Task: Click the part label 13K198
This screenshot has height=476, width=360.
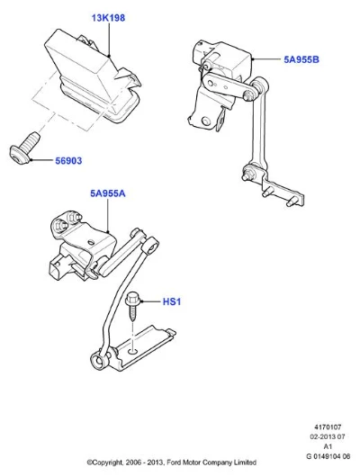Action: point(108,18)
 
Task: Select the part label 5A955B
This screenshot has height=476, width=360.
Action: point(301,59)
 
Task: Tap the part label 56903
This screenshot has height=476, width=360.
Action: point(68,160)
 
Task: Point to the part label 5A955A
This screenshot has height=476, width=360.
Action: point(108,193)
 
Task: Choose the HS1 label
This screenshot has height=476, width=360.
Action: point(172,301)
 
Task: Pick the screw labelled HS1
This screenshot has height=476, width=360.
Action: point(132,307)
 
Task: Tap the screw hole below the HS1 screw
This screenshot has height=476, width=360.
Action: point(132,351)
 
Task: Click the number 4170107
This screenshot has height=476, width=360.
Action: point(328,427)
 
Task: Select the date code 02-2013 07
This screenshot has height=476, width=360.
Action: point(328,436)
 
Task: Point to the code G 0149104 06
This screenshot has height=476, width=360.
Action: point(328,456)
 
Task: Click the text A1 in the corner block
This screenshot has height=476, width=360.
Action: point(328,446)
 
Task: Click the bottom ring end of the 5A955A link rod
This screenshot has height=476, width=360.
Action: point(99,360)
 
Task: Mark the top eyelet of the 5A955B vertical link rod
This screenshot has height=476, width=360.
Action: point(260,83)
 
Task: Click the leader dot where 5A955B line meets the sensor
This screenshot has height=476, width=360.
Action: point(252,59)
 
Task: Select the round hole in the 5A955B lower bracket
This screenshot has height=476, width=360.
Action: point(206,121)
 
